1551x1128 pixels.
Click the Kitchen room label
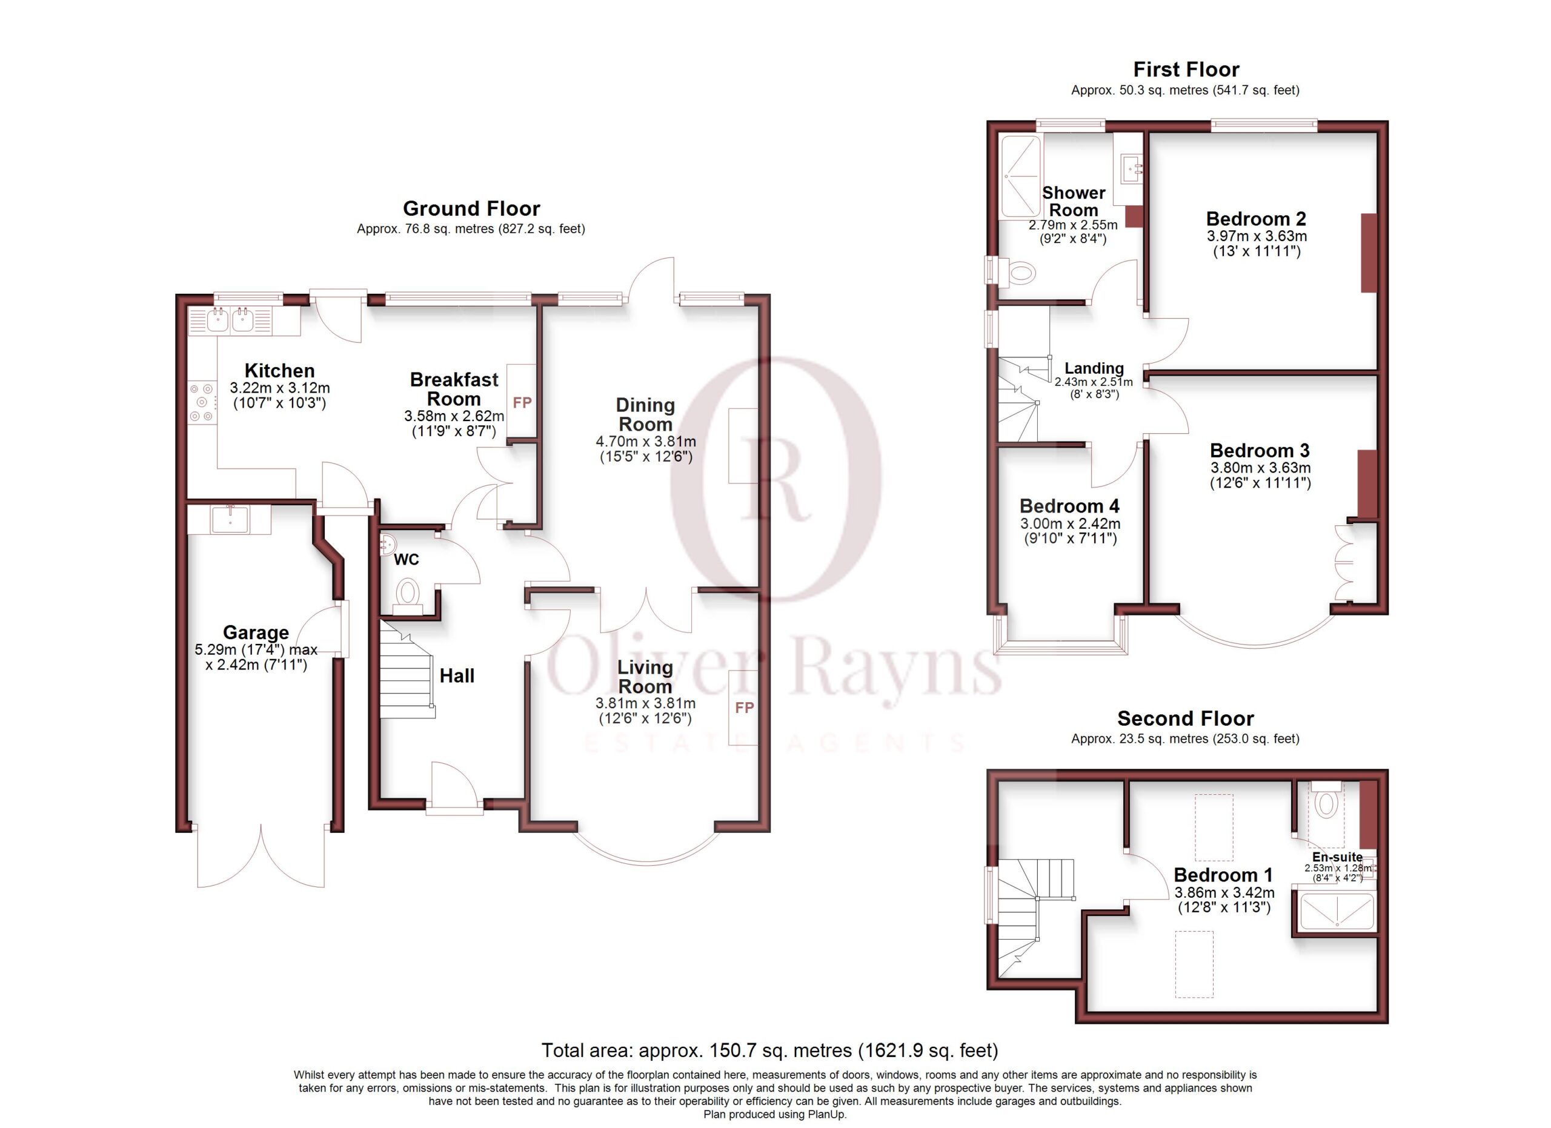[280, 371]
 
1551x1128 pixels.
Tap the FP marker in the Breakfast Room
[522, 403]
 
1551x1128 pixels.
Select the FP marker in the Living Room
[744, 708]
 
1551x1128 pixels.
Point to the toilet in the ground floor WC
[408, 592]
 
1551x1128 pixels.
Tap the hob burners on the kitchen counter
[202, 402]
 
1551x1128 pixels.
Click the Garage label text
[256, 632]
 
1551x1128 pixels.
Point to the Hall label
[457, 676]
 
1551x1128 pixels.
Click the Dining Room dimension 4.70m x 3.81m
[646, 442]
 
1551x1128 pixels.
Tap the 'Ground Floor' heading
[471, 208]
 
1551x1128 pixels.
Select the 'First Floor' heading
[1186, 69]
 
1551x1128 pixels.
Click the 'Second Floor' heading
[1185, 718]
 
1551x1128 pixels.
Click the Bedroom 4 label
[1069, 506]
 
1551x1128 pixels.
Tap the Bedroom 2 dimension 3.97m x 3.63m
[1257, 236]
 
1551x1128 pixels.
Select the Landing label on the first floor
[1094, 368]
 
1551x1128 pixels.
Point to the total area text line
[770, 1050]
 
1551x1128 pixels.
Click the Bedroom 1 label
[1223, 875]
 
